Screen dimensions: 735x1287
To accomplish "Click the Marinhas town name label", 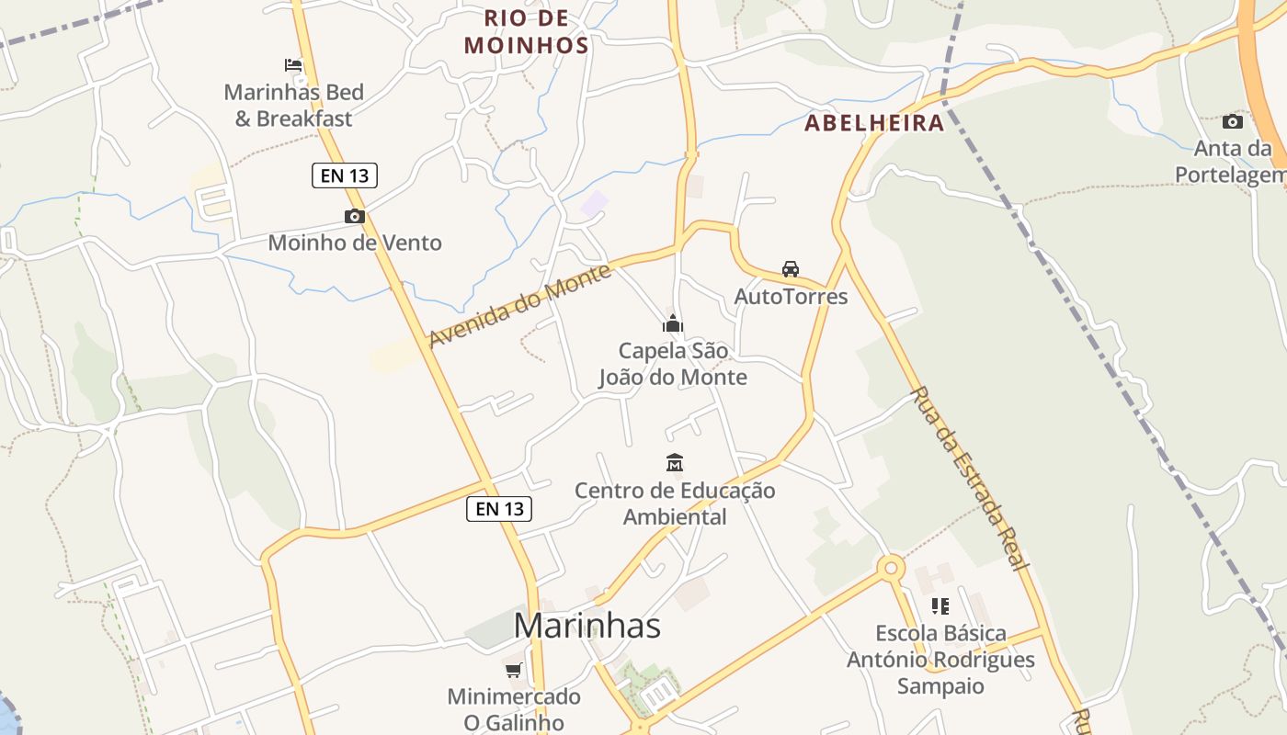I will coord(587,626).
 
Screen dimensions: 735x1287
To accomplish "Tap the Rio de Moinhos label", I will coord(526,31).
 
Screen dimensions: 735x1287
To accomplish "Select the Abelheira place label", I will coord(874,123).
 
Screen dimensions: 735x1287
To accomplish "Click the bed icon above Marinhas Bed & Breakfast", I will coord(293,65).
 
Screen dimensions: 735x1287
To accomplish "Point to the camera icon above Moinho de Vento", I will coord(354,217).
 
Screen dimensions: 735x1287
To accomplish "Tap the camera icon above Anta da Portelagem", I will coord(1232,121).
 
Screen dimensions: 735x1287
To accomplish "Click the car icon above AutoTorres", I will coord(790,268).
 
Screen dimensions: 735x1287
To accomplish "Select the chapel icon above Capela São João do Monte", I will coord(673,323).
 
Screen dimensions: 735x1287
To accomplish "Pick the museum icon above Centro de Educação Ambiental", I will coord(675,462).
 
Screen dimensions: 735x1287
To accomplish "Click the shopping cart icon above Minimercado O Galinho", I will coord(513,670).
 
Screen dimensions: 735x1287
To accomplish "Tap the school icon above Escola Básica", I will coord(940,605).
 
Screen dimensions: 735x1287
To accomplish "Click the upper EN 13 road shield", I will coord(345,175).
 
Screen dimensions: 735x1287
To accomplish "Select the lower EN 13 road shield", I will coord(499,508).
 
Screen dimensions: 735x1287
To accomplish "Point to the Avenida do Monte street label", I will coord(520,306).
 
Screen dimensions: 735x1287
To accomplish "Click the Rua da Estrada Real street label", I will coord(967,478).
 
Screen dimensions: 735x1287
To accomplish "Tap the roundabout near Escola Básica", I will coord(890,568).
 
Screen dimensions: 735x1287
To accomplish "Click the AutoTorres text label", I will coord(791,297).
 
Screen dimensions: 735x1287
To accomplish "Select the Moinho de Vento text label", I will coord(355,243).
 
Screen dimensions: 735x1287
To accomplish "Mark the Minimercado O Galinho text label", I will coord(513,709).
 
